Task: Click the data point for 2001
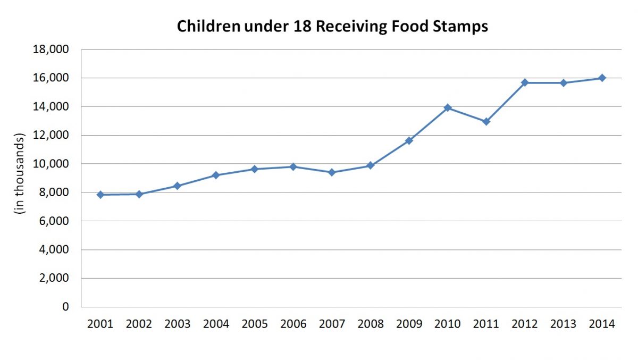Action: coord(100,195)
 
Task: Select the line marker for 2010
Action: coord(448,108)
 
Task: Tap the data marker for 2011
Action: coord(486,122)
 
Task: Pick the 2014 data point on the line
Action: coord(602,78)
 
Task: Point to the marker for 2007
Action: coord(332,172)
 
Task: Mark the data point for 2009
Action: coord(409,140)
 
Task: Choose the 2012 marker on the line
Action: coord(525,82)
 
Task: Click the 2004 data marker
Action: coord(216,175)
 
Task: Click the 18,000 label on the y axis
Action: coord(52,49)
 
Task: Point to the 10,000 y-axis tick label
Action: coord(52,164)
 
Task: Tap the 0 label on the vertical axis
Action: coord(65,307)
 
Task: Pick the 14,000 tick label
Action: coord(52,106)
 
